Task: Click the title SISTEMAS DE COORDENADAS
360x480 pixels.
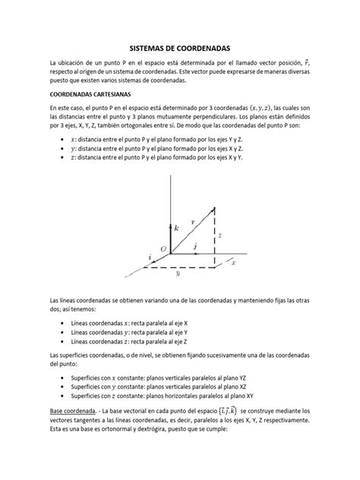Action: (x=179, y=47)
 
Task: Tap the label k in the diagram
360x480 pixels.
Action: (x=177, y=227)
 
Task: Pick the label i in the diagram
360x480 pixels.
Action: (x=148, y=258)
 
